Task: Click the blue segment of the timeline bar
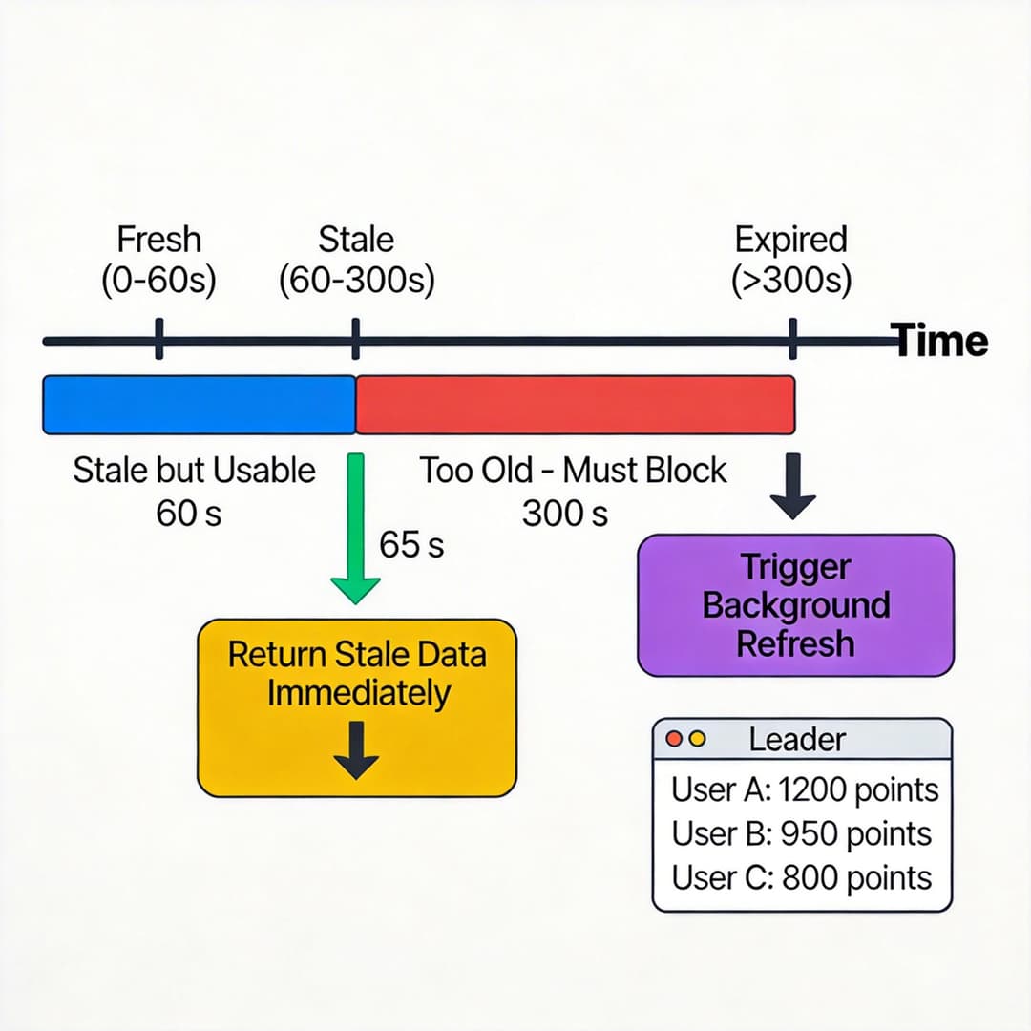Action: (199, 405)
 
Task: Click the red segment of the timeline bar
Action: (575, 405)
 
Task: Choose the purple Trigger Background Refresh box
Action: (794, 605)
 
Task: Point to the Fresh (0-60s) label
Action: (159, 259)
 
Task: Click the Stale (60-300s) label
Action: (356, 259)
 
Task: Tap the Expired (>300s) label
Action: (791, 259)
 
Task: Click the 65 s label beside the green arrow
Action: (411, 544)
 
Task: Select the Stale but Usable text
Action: (194, 470)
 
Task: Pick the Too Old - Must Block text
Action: (573, 470)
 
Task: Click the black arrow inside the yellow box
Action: (356, 750)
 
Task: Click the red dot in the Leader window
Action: (675, 739)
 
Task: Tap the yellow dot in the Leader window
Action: (697, 739)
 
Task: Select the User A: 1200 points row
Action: (804, 789)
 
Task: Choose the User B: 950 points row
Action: (802, 833)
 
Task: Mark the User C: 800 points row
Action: (802, 877)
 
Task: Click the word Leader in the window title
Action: (797, 739)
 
